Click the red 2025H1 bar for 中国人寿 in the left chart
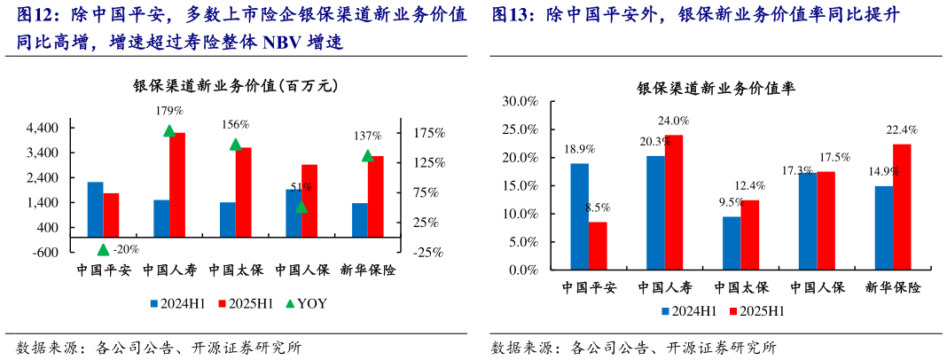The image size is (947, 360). (x=177, y=192)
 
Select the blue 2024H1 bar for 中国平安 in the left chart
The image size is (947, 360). (x=95, y=216)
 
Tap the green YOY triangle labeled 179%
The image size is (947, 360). (x=169, y=131)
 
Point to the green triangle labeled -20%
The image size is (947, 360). (x=103, y=250)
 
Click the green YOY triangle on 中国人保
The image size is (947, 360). (x=301, y=207)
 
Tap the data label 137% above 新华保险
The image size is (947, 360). (x=367, y=136)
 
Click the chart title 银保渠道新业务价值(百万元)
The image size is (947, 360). (x=235, y=86)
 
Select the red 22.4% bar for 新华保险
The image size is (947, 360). (x=902, y=206)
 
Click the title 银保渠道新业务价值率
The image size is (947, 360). (x=716, y=89)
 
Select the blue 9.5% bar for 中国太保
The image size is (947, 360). (x=732, y=242)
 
